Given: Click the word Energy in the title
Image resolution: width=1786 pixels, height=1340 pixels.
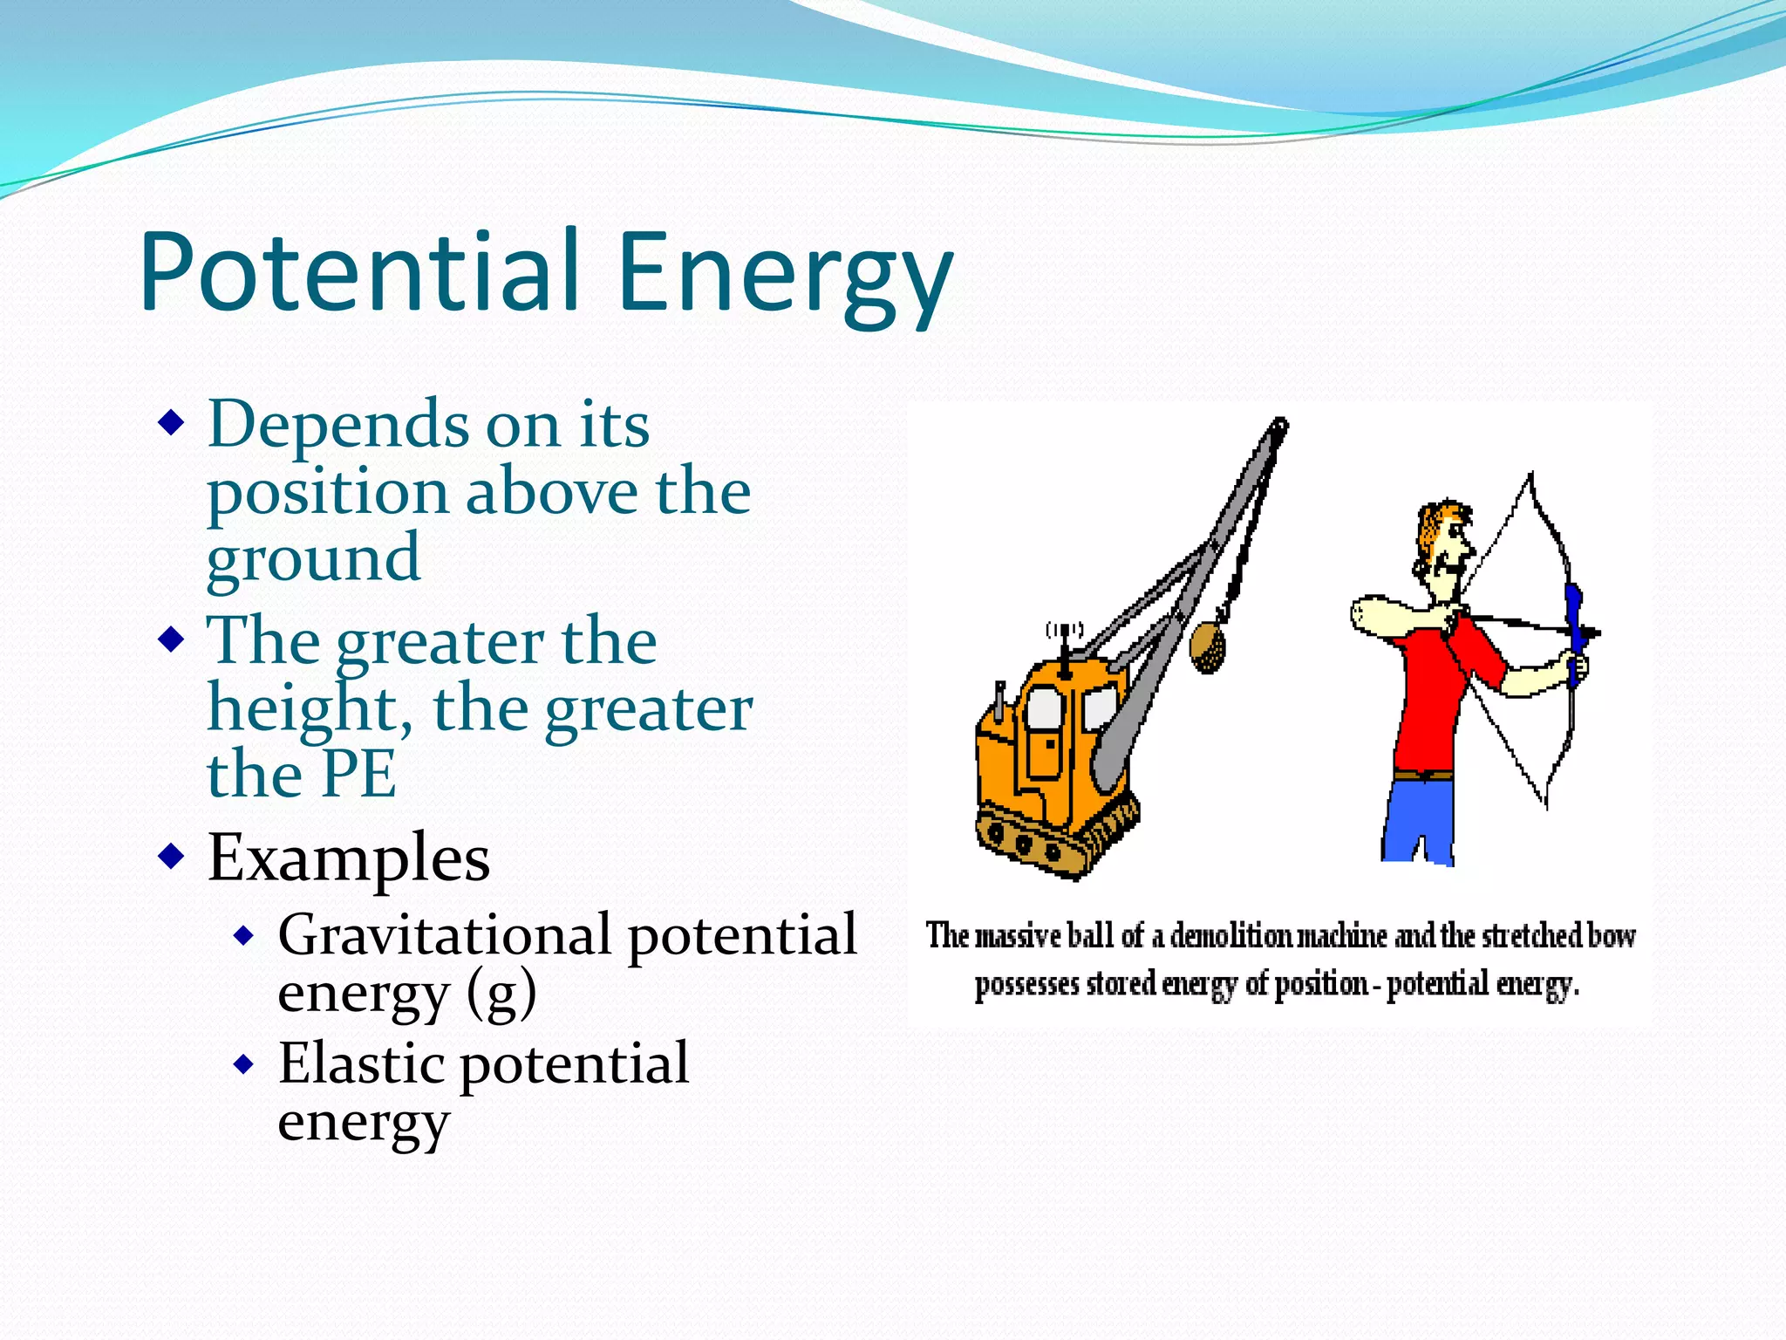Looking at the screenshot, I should point(785,275).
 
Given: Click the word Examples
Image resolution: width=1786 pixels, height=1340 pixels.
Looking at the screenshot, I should point(349,858).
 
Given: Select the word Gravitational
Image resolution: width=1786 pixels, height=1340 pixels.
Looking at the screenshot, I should point(445,934).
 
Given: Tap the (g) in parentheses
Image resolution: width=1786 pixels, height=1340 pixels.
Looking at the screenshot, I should point(501,995).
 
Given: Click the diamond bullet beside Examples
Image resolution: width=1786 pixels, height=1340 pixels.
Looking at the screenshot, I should point(172,855).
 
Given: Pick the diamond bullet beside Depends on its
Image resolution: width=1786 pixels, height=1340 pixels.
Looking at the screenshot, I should point(172,424).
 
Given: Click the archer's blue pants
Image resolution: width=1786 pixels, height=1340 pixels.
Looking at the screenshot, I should point(1417,820).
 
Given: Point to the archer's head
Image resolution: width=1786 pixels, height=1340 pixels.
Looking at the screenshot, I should point(1443,545).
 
